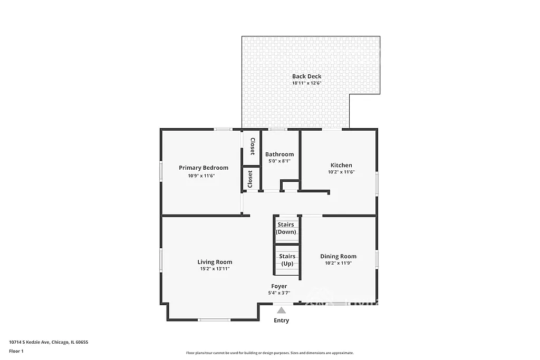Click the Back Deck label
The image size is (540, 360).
(306, 76)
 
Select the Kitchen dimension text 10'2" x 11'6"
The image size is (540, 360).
(341, 172)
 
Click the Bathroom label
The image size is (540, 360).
(279, 154)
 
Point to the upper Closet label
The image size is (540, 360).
(252, 146)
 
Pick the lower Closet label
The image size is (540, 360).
(250, 179)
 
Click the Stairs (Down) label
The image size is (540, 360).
(286, 228)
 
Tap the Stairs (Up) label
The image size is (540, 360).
(287, 259)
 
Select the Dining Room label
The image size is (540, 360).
(338, 256)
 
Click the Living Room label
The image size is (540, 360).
(215, 262)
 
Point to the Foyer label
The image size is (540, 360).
(279, 286)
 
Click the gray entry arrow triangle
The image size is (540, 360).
(282, 310)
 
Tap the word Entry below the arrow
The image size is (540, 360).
(281, 320)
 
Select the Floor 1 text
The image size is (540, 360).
(16, 351)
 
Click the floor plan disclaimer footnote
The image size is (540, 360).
(269, 353)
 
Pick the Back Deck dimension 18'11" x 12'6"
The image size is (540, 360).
(306, 83)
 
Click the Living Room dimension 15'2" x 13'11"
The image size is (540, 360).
(215, 268)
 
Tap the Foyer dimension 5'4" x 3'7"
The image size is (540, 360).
(279, 293)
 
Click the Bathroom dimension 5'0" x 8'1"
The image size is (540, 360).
(279, 161)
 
